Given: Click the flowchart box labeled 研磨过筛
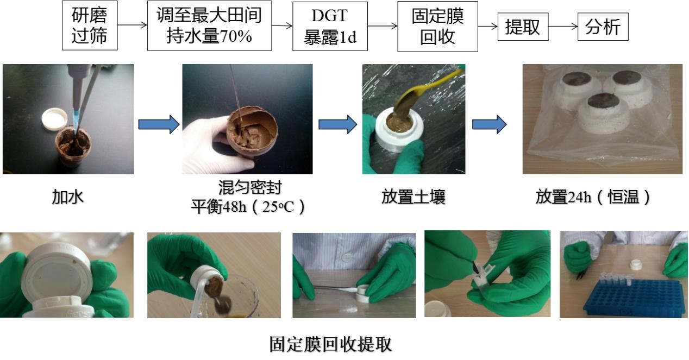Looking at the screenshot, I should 90,26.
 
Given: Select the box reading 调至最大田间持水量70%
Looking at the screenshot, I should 209,26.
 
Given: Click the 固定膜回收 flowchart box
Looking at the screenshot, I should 437,26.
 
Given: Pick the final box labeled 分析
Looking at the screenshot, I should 603,27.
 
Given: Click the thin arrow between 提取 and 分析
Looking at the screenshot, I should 563,27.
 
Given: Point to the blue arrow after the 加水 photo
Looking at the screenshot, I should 158,124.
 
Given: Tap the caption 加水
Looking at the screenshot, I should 68,197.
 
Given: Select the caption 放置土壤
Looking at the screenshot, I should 414,197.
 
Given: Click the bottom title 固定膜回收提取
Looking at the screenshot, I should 330,344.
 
